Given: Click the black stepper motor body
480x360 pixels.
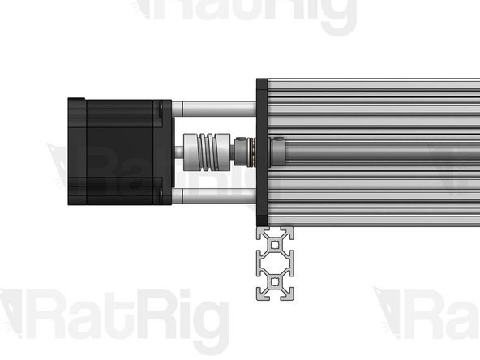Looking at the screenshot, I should pos(118,152).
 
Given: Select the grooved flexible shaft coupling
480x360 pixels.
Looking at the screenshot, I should pos(203,152).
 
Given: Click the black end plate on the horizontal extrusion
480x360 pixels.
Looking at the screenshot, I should pos(263,152).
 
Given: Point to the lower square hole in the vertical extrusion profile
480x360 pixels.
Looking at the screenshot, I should pos(276,285).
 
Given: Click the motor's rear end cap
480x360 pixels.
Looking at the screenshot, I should pos(77,152).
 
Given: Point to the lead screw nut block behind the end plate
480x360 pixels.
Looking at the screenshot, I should pos(280,151).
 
